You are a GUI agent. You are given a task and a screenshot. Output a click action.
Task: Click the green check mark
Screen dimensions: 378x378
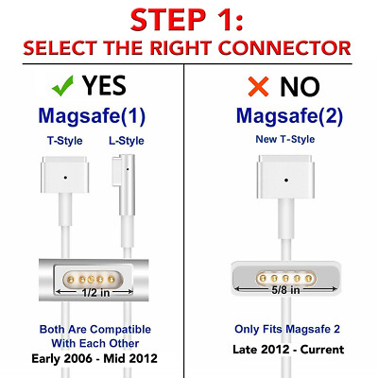[62, 86]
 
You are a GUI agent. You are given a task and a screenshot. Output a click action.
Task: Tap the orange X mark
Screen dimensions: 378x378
[258, 86]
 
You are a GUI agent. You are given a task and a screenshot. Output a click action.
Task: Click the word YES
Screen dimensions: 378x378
[104, 86]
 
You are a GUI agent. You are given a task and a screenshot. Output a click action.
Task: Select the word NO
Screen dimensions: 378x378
[300, 87]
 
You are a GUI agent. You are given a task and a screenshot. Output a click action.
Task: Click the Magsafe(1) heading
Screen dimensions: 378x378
[92, 116]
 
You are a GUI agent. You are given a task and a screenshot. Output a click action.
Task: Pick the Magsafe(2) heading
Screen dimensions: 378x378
[289, 116]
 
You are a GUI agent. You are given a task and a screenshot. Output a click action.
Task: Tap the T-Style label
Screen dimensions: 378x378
[65, 141]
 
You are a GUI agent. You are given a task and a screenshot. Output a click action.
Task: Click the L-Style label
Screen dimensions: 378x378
[127, 141]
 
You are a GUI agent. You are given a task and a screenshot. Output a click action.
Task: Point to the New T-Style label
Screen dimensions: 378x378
[285, 139]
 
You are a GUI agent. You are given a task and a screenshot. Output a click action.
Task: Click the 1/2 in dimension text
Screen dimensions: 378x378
[95, 293]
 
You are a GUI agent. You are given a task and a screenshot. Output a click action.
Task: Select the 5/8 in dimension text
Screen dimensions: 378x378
[286, 290]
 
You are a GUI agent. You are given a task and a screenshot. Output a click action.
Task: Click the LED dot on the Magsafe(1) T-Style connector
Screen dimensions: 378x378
[65, 178]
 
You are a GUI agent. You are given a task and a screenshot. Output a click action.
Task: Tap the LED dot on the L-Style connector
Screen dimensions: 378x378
[128, 169]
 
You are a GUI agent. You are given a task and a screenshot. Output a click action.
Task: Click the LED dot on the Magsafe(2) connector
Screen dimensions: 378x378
[286, 180]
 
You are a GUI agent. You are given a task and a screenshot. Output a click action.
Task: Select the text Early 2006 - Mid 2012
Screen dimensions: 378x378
[94, 358]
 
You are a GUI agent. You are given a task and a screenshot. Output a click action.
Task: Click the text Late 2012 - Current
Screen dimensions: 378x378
[288, 350]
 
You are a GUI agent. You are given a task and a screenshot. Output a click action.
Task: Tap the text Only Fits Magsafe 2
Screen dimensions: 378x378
[287, 329]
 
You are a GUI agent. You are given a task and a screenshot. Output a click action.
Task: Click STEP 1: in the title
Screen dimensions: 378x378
[187, 20]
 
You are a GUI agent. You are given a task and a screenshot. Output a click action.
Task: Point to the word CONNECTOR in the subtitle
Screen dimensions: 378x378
[284, 48]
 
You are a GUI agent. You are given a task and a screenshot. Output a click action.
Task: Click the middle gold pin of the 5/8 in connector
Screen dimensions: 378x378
[285, 279]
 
